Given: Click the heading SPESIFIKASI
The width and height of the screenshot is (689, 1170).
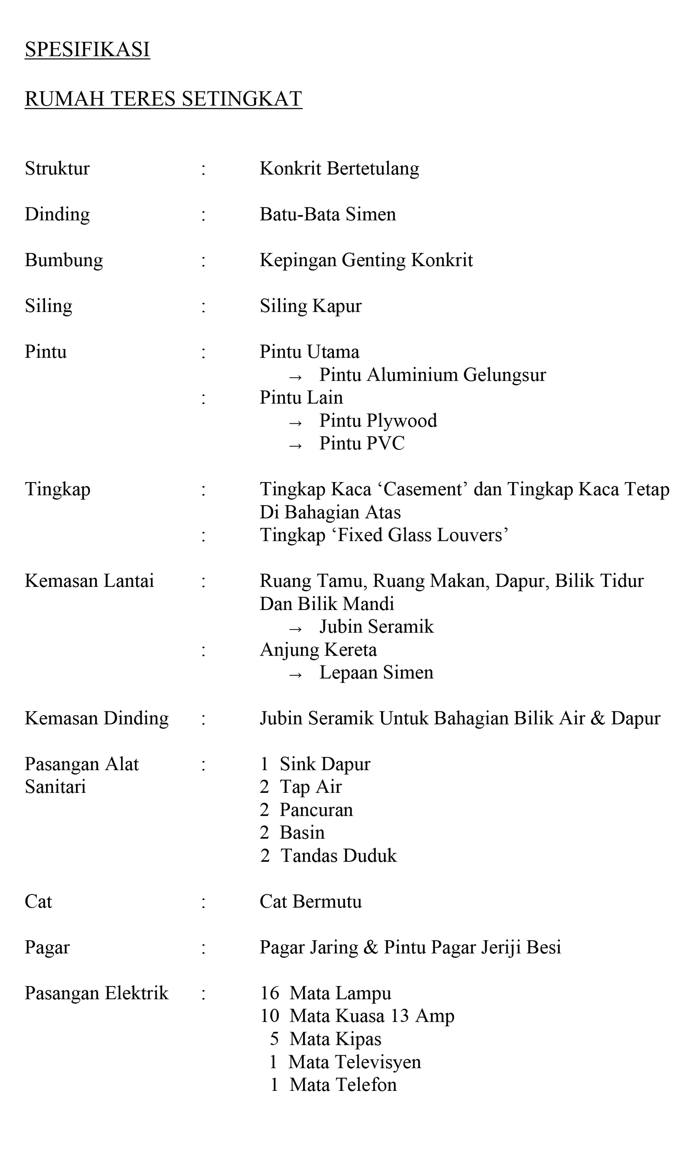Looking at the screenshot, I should pyautogui.click(x=87, y=50).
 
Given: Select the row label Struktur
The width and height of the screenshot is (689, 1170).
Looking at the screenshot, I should pyautogui.click(x=57, y=169).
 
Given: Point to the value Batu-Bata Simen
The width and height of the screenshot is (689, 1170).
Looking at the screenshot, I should pyautogui.click(x=328, y=214).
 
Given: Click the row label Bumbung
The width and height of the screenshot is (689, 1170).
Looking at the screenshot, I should pyautogui.click(x=64, y=260).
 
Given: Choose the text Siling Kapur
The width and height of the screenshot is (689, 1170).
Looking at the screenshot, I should pyautogui.click(x=311, y=306).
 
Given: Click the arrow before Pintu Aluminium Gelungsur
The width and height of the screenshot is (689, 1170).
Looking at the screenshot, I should pyautogui.click(x=295, y=377).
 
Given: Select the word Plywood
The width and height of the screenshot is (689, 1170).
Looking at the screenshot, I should pyautogui.click(x=402, y=421).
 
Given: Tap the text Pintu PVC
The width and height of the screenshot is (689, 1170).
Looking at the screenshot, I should pyautogui.click(x=362, y=443).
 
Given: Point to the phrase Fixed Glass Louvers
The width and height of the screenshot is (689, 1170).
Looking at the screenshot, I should pyautogui.click(x=420, y=535).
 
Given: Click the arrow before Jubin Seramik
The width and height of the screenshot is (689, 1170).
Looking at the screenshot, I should pyautogui.click(x=295, y=629).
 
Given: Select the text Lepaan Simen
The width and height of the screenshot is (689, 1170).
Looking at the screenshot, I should pyautogui.click(x=376, y=672).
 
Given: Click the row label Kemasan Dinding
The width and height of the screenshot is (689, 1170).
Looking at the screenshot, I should pyautogui.click(x=96, y=718).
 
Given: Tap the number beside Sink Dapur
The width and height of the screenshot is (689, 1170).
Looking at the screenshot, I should pyautogui.click(x=264, y=764).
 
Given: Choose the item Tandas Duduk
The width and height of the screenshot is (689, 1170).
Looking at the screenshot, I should pyautogui.click(x=339, y=856).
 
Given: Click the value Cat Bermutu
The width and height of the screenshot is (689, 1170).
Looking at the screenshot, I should pyautogui.click(x=311, y=902).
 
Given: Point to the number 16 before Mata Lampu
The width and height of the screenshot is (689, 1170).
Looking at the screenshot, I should pyautogui.click(x=269, y=993).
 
